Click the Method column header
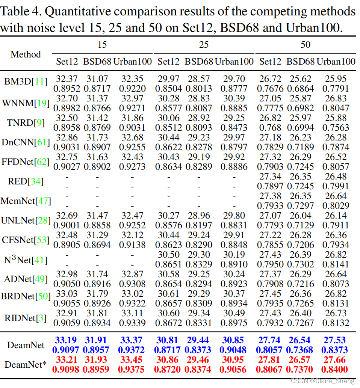point(26,54)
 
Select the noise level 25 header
point(204,45)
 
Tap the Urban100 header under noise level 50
point(336,62)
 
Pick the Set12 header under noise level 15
point(67,62)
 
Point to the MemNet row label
point(26,201)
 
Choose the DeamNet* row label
point(26,364)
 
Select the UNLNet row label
point(26,220)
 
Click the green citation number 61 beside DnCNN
point(43,142)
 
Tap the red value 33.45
point(131,360)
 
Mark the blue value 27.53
point(334,340)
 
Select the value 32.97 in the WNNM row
point(131,98)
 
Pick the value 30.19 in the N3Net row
point(233,255)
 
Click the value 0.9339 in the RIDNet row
point(131,323)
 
